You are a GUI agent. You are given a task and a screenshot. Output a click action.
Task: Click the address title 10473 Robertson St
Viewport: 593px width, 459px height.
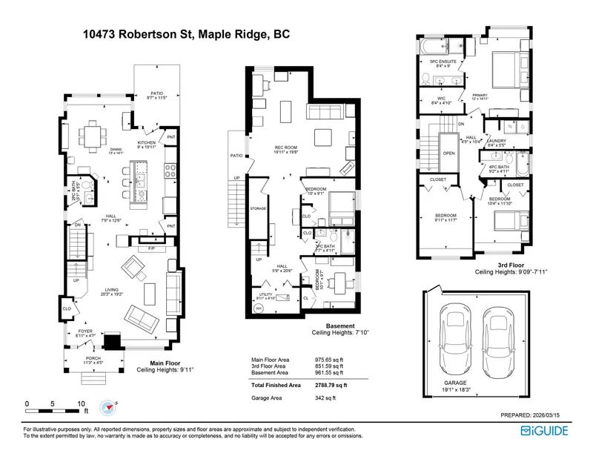(185, 34)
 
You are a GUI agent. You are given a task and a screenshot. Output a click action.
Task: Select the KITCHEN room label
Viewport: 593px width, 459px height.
(145, 142)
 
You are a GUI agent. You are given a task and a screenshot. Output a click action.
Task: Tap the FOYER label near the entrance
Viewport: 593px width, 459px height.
(85, 331)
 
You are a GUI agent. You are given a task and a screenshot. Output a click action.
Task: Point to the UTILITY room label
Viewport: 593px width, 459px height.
(263, 294)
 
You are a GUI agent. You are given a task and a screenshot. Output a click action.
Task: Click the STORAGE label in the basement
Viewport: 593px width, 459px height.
(257, 209)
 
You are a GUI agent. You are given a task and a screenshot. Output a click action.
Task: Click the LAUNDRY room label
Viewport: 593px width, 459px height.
(497, 141)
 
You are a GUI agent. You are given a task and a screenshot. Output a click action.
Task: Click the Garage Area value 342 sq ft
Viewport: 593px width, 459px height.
(325, 398)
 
